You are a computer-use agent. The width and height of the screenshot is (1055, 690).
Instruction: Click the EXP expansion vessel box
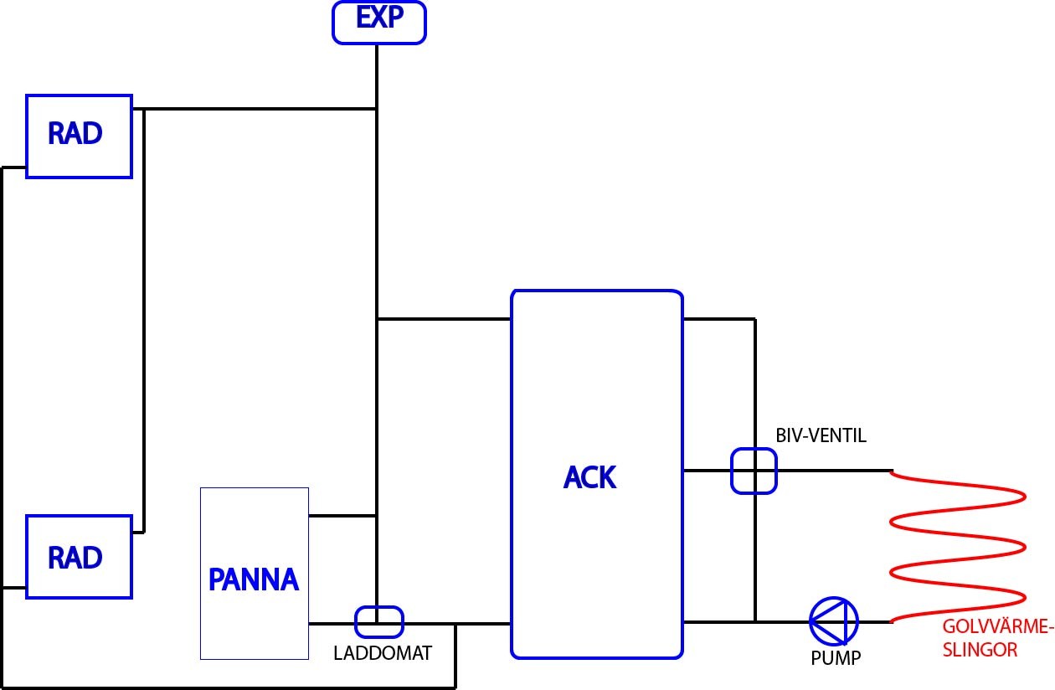[379, 22]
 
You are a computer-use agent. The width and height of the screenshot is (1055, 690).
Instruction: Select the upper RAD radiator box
[79, 136]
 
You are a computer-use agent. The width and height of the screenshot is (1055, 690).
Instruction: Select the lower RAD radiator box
[79, 557]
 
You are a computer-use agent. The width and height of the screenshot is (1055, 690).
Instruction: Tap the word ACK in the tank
[590, 477]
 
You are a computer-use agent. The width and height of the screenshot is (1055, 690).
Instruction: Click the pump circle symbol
[834, 621]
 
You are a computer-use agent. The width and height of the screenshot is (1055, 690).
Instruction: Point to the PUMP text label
[836, 658]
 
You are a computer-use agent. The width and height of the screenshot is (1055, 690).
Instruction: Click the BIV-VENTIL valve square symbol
[754, 471]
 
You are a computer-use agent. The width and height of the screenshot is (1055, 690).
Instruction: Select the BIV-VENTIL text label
[821, 435]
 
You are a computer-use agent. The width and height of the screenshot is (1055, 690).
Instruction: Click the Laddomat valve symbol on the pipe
[379, 622]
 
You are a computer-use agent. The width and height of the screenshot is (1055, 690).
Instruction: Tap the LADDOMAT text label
[383, 653]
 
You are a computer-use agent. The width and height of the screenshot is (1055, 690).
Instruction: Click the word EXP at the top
[379, 18]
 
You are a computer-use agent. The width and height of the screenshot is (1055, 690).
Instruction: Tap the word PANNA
[254, 579]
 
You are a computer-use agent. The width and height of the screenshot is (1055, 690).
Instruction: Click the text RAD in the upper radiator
[75, 134]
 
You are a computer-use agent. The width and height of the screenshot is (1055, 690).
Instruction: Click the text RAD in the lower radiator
[75, 558]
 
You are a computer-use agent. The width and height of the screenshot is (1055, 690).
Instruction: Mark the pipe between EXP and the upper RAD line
[377, 75]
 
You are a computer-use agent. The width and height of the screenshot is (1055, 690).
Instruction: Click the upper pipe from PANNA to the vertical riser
[342, 515]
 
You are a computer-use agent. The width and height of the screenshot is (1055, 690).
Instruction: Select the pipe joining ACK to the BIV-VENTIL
[708, 471]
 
